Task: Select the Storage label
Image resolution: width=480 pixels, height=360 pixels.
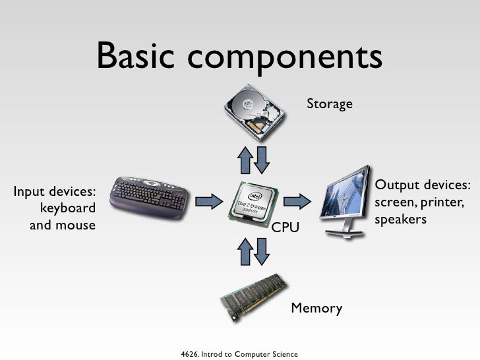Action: pos(329,104)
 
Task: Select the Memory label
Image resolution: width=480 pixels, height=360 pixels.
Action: pos(316,308)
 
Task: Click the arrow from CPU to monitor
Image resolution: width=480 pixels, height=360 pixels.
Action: pos(297,200)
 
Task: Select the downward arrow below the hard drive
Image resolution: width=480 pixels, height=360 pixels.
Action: pos(261,159)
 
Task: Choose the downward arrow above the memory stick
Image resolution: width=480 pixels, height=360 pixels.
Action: pos(261,251)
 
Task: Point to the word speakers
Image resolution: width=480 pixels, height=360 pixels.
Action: pos(401,218)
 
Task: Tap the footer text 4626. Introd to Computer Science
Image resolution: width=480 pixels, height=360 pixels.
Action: pos(239,354)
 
